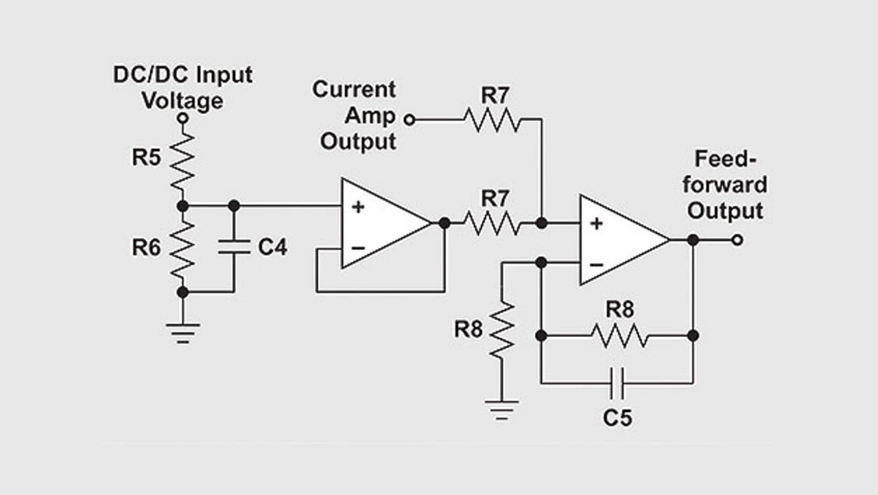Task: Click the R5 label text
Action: click(x=146, y=158)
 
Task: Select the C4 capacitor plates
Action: click(x=234, y=248)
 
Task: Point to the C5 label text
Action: click(x=617, y=417)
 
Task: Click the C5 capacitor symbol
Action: click(x=617, y=383)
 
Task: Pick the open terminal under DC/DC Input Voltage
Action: click(x=182, y=118)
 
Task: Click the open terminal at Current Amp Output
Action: click(x=409, y=120)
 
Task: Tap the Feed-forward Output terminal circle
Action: click(x=737, y=240)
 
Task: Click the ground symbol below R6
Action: click(x=182, y=330)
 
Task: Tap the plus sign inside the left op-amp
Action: click(x=358, y=207)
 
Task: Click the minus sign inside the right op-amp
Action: click(x=597, y=263)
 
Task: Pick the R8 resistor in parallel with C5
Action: click(x=617, y=336)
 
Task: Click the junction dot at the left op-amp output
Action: click(x=444, y=223)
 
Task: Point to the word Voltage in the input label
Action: click(x=182, y=100)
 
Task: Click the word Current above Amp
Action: click(x=354, y=89)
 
